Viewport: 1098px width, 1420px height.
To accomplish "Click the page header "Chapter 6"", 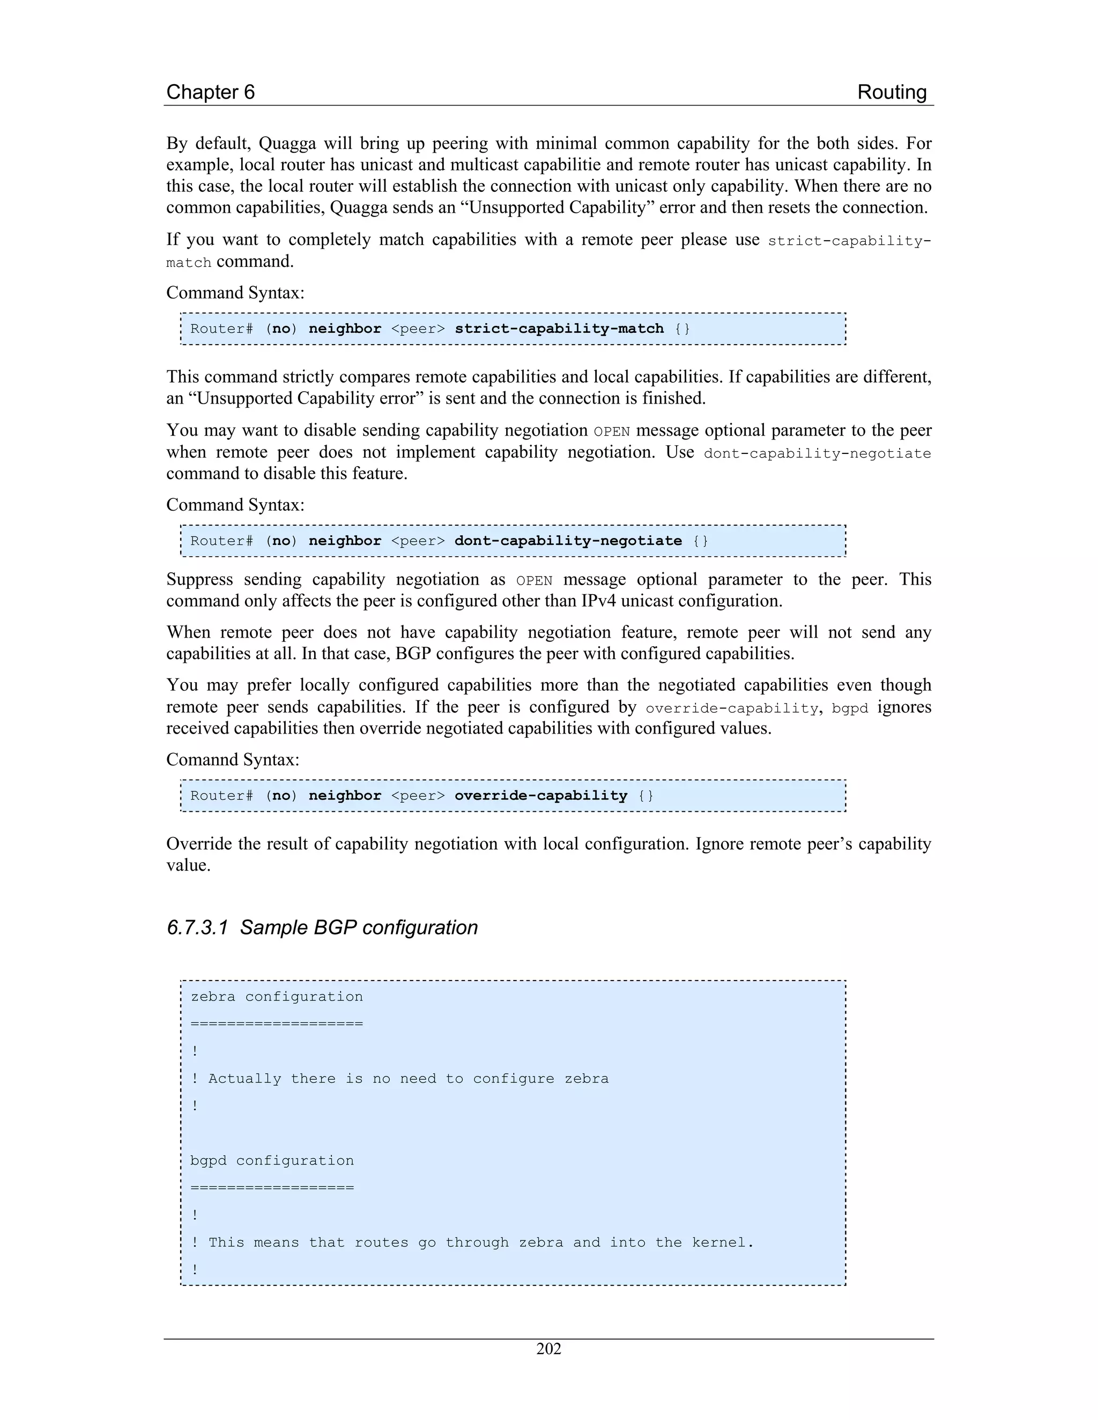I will [210, 92].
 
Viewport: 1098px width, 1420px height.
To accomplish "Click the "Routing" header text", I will [891, 92].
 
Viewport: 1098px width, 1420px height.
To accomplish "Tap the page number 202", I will [548, 1349].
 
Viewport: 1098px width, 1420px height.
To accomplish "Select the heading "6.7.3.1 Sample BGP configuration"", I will [322, 927].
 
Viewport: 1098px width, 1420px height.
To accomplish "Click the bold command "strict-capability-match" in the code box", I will [559, 328].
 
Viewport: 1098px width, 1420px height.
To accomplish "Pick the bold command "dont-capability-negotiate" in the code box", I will [568, 541].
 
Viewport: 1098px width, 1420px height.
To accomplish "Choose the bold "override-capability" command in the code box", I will [540, 795].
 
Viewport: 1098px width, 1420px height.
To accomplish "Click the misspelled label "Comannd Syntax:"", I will [233, 759].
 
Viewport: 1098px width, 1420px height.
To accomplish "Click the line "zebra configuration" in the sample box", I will [277, 997].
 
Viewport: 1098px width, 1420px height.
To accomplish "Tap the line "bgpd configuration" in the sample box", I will [272, 1161].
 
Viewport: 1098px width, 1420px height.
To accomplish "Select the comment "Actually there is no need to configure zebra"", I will [408, 1079].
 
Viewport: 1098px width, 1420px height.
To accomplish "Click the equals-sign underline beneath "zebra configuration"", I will [277, 1024].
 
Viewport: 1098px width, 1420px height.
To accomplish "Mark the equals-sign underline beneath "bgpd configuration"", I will [272, 1188].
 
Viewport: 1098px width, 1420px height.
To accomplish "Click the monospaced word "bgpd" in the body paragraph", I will [850, 708].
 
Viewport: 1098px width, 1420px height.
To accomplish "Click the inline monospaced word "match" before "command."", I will [189, 263].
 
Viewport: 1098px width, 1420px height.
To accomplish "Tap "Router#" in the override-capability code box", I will [221, 795].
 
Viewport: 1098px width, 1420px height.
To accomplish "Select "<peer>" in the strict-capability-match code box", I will [418, 328].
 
